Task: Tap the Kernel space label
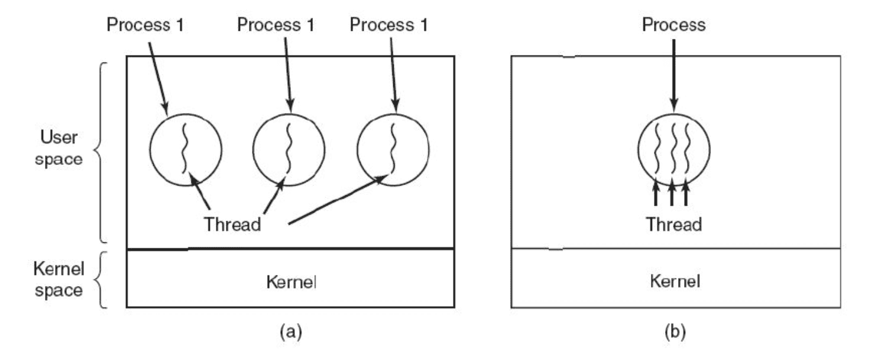[57, 280]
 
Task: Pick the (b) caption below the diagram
[674, 332]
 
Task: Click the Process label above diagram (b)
[674, 25]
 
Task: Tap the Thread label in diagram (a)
[232, 225]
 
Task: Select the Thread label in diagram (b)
[674, 225]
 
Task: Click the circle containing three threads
[674, 149]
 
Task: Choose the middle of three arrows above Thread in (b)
[672, 195]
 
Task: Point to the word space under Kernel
[57, 290]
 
